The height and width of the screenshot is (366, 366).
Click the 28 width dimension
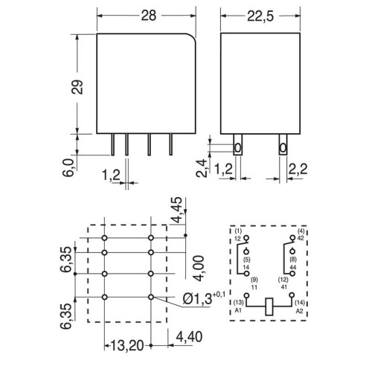pyautogui.click(x=149, y=16)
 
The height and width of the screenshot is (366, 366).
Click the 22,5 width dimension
pyautogui.click(x=260, y=16)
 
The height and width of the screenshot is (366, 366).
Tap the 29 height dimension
pyautogui.click(x=77, y=87)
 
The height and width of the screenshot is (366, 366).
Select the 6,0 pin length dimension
pyautogui.click(x=68, y=167)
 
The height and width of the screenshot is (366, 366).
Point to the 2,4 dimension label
pyautogui.click(x=202, y=168)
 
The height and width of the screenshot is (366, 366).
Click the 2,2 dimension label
pyautogui.click(x=298, y=169)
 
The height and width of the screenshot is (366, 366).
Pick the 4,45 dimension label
pyautogui.click(x=176, y=211)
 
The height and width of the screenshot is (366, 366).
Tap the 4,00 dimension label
pyautogui.click(x=199, y=269)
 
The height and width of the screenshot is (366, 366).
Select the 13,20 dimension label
pyautogui.click(x=127, y=345)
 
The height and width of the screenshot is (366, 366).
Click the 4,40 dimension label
pyautogui.click(x=189, y=336)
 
